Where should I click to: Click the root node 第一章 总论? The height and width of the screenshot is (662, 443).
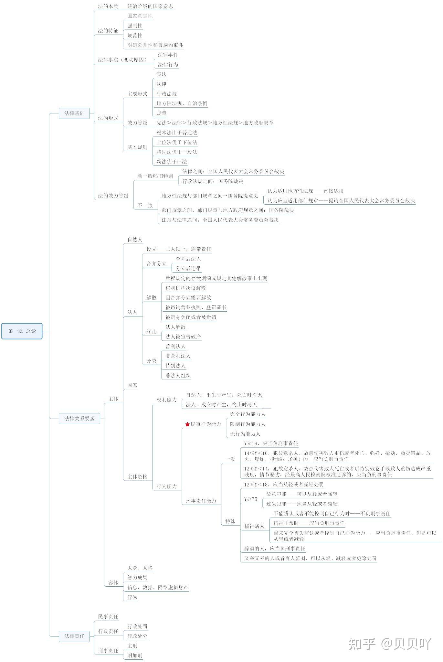point(22,331)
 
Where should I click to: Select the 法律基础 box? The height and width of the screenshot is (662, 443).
point(74,113)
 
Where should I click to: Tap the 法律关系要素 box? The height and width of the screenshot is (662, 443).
point(79,418)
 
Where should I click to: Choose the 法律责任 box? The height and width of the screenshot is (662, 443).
point(74,636)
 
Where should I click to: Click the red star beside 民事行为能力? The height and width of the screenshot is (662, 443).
point(187,424)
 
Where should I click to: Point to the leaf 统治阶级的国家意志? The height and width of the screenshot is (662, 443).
point(150,6)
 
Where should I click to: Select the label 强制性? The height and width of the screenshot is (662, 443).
point(135,26)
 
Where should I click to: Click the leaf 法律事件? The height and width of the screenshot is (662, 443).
point(168,55)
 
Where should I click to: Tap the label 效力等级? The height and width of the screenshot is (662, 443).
point(137,123)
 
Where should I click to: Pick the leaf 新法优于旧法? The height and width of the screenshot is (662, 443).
point(172,162)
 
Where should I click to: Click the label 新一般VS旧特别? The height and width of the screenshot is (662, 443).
point(155,176)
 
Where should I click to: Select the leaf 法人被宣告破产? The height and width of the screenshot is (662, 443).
point(183,336)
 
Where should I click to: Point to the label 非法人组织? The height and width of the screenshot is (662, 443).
point(178,376)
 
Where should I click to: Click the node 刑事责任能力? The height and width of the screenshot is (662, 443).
point(201,501)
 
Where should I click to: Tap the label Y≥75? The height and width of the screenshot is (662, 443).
point(251,499)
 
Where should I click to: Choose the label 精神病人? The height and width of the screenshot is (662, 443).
point(254,526)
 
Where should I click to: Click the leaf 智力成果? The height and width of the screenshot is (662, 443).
point(137,578)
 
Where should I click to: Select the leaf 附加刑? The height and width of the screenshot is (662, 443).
point(135,656)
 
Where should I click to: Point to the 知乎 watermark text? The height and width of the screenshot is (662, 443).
point(362,644)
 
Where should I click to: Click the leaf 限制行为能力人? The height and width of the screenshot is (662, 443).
point(248,424)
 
